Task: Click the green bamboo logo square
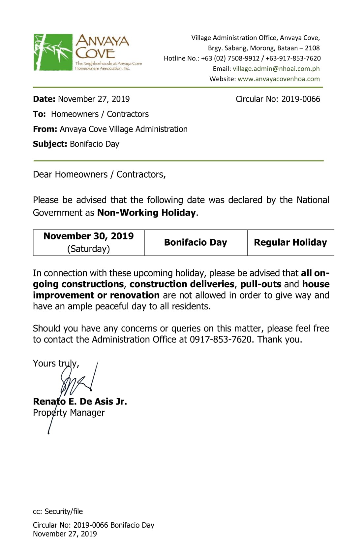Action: click(x=53, y=52)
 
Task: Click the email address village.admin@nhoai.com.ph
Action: click(x=276, y=69)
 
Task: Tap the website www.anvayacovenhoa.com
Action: click(x=279, y=79)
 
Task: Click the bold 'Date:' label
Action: click(x=44, y=99)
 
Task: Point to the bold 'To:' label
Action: click(x=39, y=114)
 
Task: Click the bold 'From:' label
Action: click(x=45, y=129)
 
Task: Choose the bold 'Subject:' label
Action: click(x=50, y=144)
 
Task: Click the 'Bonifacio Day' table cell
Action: click(x=196, y=242)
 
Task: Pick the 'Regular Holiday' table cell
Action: click(x=290, y=242)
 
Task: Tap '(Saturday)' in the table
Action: click(x=88, y=249)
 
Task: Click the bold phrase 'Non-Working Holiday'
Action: click(x=146, y=213)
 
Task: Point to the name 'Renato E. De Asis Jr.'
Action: click(x=80, y=402)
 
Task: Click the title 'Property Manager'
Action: click(x=69, y=413)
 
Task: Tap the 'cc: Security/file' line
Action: click(x=58, y=511)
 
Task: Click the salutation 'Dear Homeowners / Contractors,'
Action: click(x=99, y=174)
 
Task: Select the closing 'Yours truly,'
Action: click(x=56, y=364)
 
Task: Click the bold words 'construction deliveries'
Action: click(x=182, y=284)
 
